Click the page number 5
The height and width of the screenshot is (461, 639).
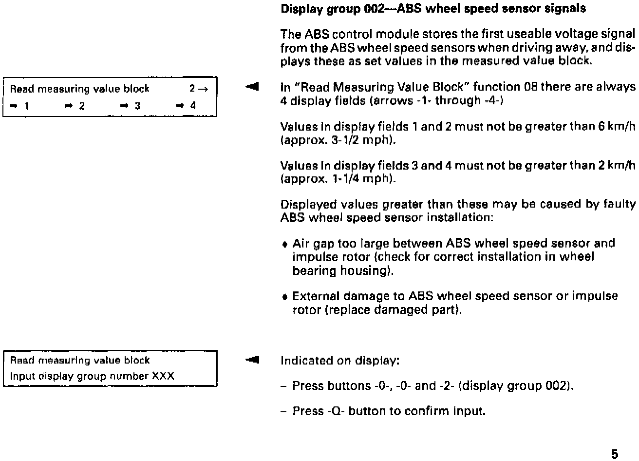tap(614, 454)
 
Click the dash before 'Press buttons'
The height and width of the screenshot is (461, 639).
tap(284, 386)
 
